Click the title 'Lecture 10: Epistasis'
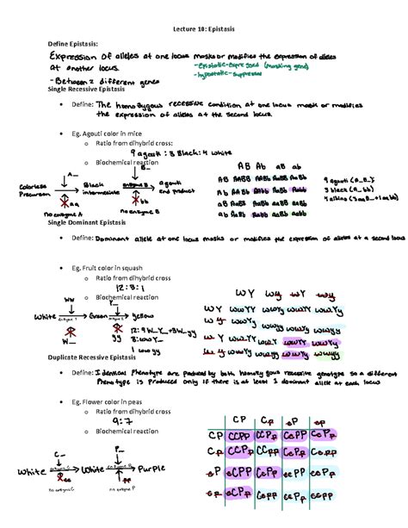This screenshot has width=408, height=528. tap(205, 25)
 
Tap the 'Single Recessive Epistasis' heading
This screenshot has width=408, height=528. tap(89, 90)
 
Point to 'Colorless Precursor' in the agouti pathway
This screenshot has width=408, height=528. tap(27, 189)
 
